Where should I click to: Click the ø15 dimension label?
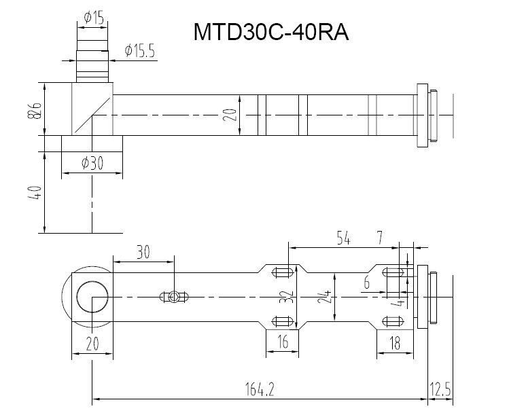(x=94, y=18)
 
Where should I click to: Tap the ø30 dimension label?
(x=92, y=163)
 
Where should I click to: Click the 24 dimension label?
(x=334, y=297)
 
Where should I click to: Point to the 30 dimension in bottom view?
(x=143, y=252)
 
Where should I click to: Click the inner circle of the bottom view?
(x=91, y=297)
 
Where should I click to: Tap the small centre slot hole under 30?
(x=175, y=297)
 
